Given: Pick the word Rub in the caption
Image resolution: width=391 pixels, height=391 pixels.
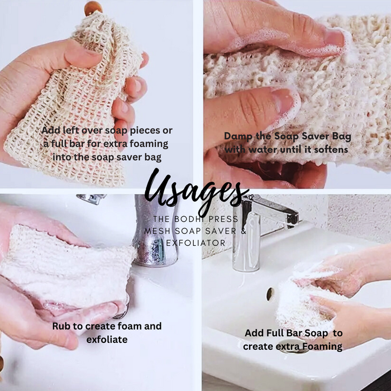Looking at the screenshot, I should (61, 326).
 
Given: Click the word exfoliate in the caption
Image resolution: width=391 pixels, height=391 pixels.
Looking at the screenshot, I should (107, 339).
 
